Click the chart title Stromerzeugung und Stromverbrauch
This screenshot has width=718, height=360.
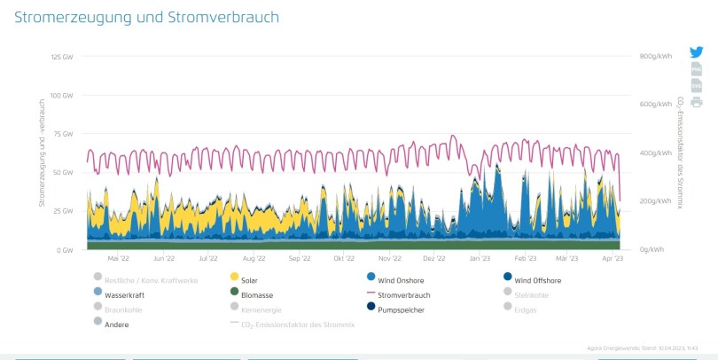[146, 18]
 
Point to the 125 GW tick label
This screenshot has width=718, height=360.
[62, 56]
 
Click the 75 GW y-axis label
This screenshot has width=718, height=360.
[64, 133]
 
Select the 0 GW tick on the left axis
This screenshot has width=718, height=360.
[65, 250]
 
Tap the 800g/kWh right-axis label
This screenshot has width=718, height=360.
[654, 56]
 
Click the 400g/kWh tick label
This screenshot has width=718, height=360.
[654, 153]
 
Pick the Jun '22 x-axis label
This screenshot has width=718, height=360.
[164, 259]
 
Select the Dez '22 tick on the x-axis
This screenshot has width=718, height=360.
[434, 259]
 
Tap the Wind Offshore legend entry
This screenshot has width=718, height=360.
[537, 280]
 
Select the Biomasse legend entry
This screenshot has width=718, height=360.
[255, 293]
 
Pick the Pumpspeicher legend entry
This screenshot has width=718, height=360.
[399, 309]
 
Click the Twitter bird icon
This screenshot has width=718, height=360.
[696, 52]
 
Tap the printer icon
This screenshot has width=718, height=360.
[696, 102]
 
